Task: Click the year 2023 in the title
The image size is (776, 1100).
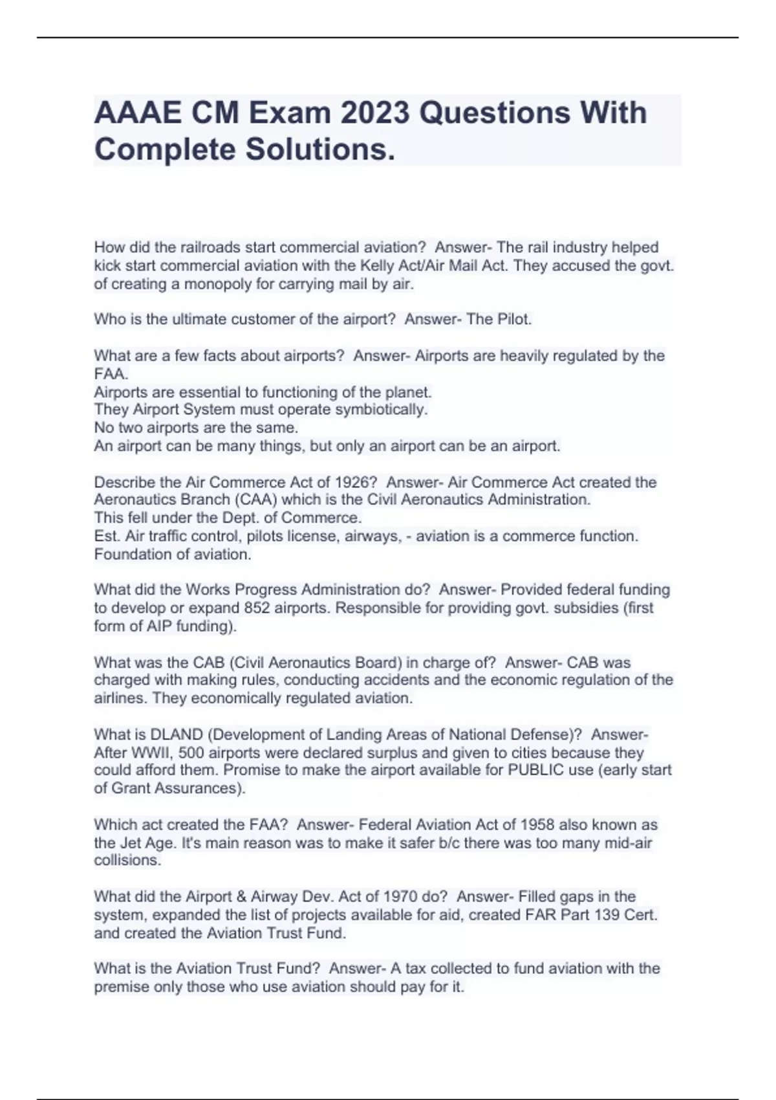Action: [375, 113]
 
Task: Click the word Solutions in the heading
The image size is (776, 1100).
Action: [319, 149]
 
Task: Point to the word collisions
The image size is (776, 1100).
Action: [127, 861]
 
